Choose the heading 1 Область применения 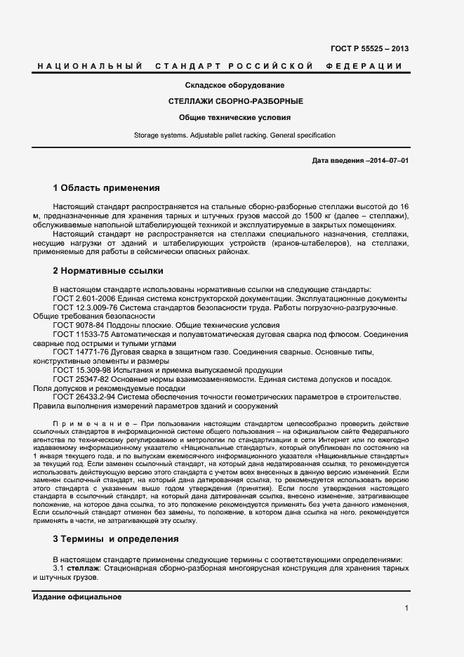click(x=106, y=188)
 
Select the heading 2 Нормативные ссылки click(x=107, y=270)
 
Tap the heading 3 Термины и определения click(x=115, y=539)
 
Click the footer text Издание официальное click(x=77, y=597)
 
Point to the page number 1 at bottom click(x=406, y=609)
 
